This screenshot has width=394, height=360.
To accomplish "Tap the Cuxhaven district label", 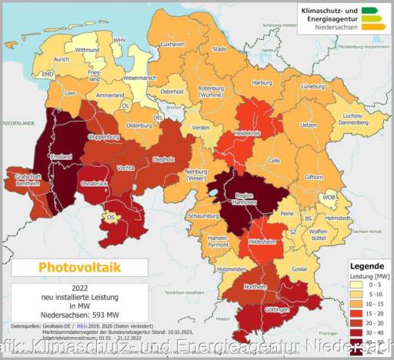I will (172, 45).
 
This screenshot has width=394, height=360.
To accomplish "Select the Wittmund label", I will (86, 50).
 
